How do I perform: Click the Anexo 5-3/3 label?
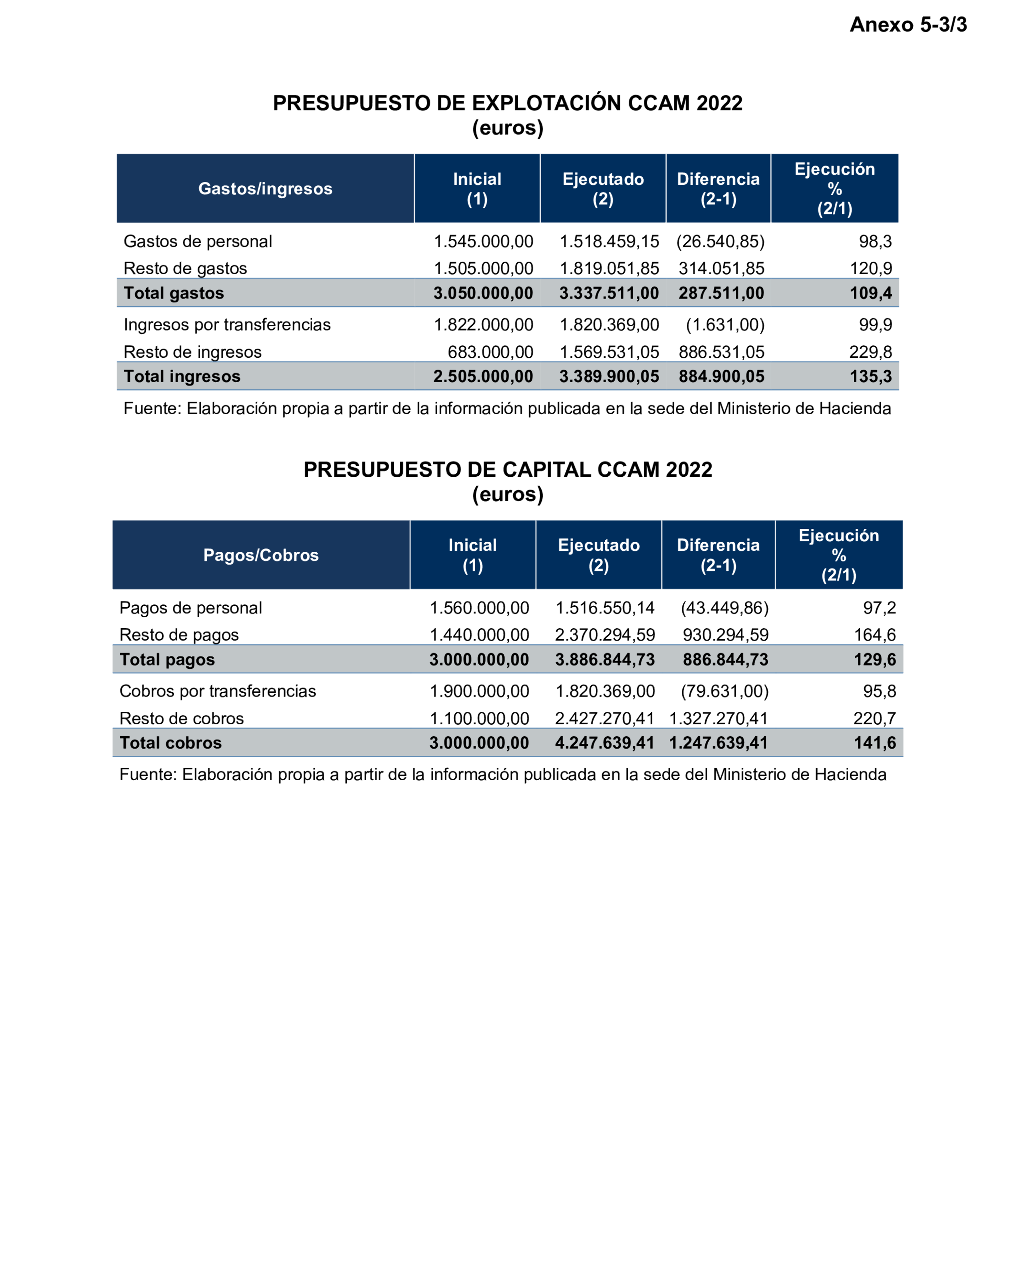(908, 25)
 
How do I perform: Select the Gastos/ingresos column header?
(265, 188)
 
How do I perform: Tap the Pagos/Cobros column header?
(260, 555)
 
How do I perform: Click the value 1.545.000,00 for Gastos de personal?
(483, 241)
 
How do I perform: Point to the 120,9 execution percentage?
(870, 268)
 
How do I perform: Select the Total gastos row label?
(173, 293)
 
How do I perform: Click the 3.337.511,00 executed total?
(608, 293)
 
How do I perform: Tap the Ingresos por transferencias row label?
(227, 324)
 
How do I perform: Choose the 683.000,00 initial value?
(490, 352)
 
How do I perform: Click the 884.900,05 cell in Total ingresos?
(721, 377)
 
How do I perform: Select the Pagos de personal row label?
(190, 608)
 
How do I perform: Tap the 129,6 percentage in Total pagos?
(875, 660)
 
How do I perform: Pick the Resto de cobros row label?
(181, 719)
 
